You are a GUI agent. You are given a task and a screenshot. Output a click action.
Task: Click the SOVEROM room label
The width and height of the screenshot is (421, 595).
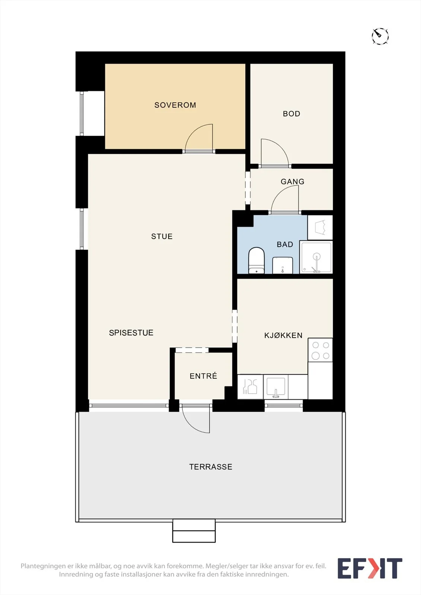click(175, 105)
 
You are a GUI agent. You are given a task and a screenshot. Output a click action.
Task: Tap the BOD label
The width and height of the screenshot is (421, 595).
click(291, 114)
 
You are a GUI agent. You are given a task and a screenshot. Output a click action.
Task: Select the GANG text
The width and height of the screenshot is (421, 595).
click(293, 181)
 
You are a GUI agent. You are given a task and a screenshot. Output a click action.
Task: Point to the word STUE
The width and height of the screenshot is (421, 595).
click(162, 237)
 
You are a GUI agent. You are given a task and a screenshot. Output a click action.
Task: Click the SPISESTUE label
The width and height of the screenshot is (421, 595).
click(131, 332)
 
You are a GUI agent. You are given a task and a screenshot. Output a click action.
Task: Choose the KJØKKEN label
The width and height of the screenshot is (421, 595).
click(283, 335)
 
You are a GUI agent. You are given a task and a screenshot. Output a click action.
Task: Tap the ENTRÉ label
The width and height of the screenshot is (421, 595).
click(204, 376)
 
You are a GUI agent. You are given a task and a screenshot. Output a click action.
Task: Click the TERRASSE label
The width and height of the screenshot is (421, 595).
click(211, 467)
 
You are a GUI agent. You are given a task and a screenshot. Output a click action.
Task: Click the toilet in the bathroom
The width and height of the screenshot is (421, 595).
click(256, 260)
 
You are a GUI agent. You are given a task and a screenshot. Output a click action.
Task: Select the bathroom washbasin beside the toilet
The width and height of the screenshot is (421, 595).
click(283, 265)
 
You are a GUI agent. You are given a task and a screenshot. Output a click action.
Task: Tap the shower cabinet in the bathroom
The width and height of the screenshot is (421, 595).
click(316, 257)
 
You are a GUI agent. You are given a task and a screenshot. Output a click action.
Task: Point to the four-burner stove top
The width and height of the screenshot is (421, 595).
click(320, 350)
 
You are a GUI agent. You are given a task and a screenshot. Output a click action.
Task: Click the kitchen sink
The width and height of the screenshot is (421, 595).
click(276, 387)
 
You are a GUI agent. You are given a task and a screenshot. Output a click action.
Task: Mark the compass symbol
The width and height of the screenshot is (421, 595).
click(380, 36)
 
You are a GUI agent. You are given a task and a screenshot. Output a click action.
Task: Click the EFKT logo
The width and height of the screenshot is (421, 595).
click(370, 568)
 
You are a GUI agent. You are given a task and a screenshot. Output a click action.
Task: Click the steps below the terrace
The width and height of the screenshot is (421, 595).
click(194, 530)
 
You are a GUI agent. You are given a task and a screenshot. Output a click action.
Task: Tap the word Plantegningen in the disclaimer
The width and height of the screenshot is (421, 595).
click(43, 566)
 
